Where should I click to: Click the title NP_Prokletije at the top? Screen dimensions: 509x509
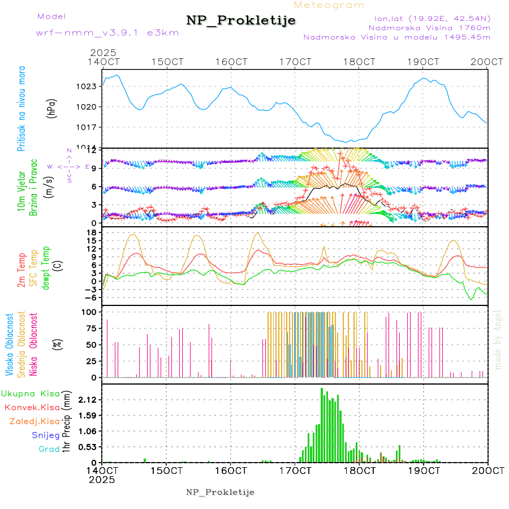pos(241,21)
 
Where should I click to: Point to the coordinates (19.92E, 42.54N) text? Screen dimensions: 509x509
pos(428,18)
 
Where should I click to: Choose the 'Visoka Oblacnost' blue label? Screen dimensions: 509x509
pos(10,344)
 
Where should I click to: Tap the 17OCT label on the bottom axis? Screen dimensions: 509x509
pos(295,471)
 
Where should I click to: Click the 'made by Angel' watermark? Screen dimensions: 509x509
pos(498,339)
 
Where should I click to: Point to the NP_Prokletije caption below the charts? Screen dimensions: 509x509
pos(220,491)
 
